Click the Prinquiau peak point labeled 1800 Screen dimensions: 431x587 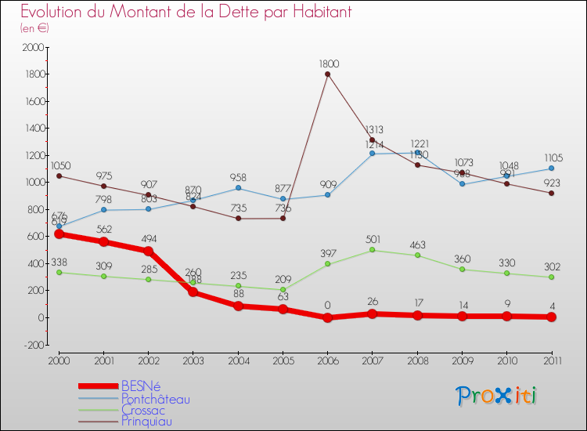(x=327, y=74)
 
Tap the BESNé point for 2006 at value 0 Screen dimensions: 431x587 (x=327, y=317)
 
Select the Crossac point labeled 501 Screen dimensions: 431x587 (x=372, y=250)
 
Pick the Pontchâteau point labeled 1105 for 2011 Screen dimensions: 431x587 (x=551, y=168)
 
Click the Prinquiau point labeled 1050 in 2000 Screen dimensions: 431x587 (x=59, y=176)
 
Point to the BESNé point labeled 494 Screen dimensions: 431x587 (x=149, y=251)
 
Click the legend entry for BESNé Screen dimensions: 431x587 (x=140, y=386)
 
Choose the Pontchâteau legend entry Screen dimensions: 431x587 (x=155, y=398)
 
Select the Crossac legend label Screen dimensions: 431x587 (x=143, y=410)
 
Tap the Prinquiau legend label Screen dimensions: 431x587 (x=146, y=422)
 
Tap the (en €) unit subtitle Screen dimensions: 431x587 (x=35, y=27)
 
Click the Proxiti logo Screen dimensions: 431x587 (x=497, y=395)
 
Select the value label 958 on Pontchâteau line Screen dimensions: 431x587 (x=238, y=178)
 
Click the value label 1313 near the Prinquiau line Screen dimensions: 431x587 (x=372, y=130)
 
